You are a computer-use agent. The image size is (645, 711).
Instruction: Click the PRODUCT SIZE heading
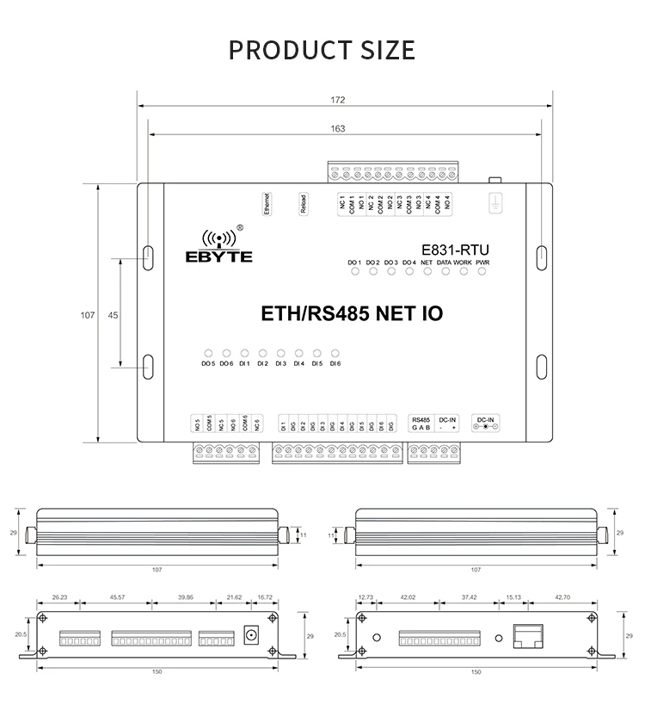[322, 49]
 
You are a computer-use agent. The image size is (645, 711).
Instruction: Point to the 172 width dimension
[338, 100]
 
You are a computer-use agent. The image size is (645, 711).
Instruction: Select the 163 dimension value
[338, 128]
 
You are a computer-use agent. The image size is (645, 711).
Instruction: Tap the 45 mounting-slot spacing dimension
[113, 315]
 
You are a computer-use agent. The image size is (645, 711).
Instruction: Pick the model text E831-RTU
[448, 244]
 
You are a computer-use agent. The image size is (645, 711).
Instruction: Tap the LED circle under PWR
[482, 272]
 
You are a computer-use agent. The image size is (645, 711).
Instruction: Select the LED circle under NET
[427, 272]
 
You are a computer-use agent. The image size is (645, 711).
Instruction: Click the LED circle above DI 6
[335, 353]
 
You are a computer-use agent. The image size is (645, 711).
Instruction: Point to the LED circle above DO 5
[207, 353]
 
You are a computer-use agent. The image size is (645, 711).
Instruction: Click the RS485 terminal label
[421, 420]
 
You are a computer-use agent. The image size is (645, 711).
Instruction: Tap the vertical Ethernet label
[266, 203]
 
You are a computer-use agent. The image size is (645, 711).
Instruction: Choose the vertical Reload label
[303, 203]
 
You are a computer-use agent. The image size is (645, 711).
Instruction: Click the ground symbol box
[495, 203]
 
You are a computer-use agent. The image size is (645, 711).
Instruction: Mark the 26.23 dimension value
[59, 597]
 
